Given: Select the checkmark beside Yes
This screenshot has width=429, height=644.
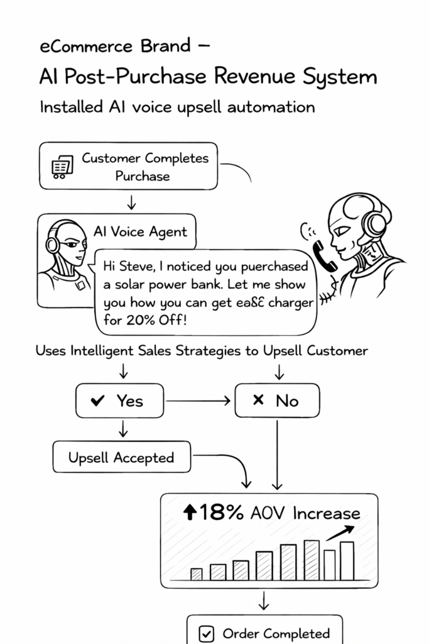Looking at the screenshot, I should [97, 401].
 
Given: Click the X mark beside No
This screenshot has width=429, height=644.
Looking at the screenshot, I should [258, 400].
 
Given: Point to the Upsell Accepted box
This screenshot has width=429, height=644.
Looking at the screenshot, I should [121, 457].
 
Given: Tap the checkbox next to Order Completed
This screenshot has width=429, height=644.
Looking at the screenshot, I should [206, 634].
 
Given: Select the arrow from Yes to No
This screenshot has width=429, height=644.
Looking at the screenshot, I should [197, 401].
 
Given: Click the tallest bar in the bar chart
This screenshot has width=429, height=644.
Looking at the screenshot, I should [312, 560].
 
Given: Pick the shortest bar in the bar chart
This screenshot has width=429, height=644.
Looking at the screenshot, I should [197, 574].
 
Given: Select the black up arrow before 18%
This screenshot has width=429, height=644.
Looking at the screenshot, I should [190, 513].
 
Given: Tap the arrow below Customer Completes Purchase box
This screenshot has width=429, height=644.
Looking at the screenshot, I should [131, 202].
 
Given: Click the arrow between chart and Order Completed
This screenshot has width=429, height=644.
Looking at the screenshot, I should [264, 601].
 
